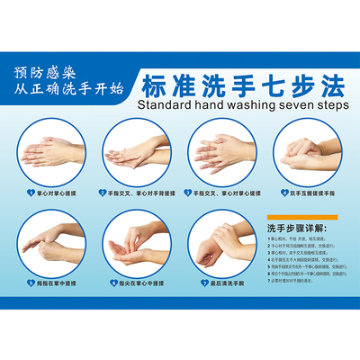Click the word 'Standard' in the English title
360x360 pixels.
pos(166,104)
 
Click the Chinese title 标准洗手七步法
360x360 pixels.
pos(242,85)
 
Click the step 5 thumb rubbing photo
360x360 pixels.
pos(50,240)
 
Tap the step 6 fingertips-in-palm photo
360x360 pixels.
pos(136,240)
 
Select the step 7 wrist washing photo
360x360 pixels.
pos(220,240)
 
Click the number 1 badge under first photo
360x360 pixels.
pos(30,192)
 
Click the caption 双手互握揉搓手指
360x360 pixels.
pos(314,192)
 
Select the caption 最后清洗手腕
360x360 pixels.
pos(231,282)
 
